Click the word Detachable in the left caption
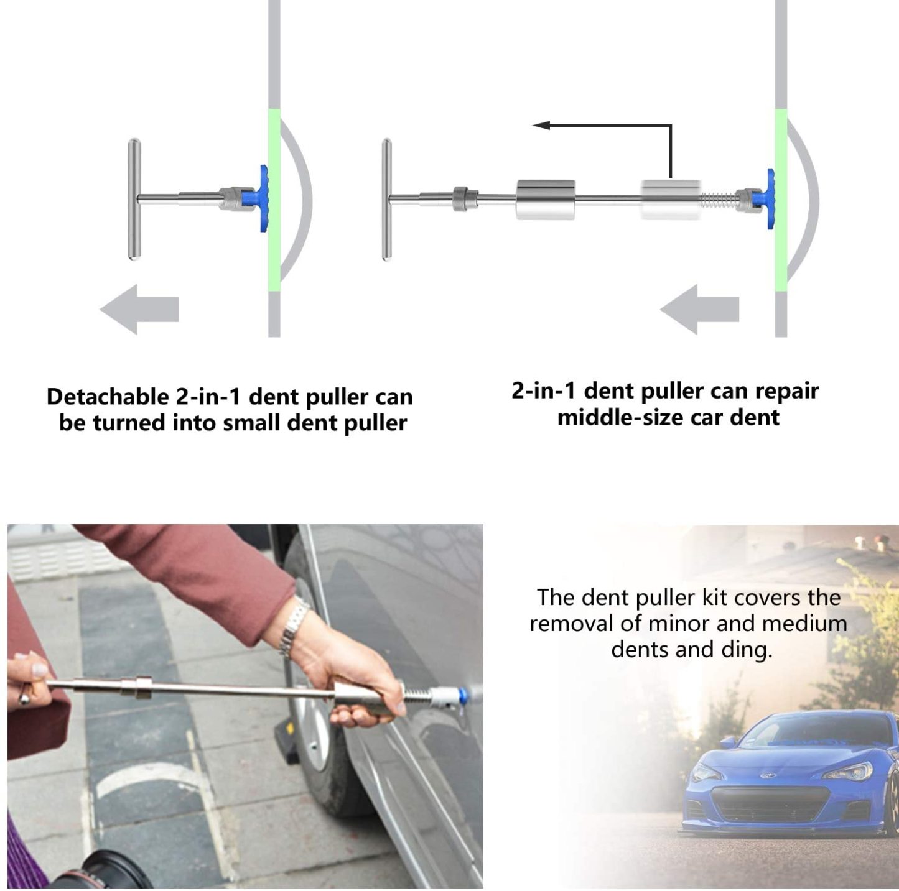point(107,397)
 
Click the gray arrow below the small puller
point(139,309)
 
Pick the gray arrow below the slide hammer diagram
point(700,309)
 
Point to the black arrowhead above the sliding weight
point(541,125)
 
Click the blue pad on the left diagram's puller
point(264,198)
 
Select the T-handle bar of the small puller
point(134,199)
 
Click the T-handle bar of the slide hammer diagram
point(386,200)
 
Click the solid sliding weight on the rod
point(546,200)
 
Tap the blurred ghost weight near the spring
point(671,200)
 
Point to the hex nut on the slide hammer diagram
point(460,199)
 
